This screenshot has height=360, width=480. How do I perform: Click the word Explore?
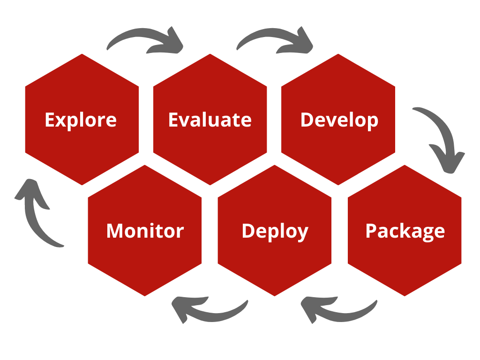(x=81, y=120)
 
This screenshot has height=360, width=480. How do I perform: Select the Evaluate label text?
(x=210, y=120)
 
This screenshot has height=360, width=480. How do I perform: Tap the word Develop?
(x=339, y=120)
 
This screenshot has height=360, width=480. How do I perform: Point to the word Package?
(x=405, y=231)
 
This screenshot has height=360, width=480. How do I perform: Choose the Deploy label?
(x=275, y=231)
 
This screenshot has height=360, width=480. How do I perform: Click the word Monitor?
(x=145, y=231)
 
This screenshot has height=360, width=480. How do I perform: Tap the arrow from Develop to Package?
(x=441, y=136)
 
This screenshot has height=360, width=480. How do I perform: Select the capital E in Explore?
(x=50, y=120)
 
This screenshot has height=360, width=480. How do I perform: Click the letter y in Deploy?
(x=302, y=233)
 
